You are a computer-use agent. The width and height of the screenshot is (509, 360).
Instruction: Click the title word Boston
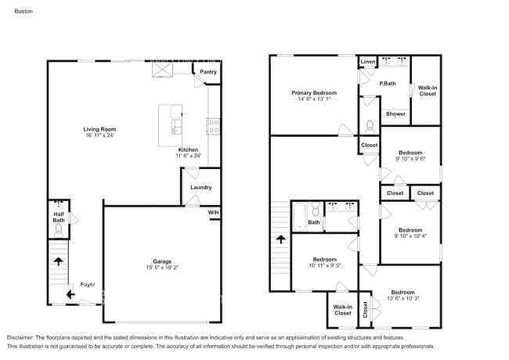tap(24, 13)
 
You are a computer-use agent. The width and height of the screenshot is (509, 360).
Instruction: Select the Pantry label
tap(208, 72)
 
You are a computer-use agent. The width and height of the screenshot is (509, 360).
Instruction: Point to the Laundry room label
tap(200, 187)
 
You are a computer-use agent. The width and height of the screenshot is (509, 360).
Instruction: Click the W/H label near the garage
tap(213, 213)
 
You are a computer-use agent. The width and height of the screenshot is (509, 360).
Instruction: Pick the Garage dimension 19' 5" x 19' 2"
tap(162, 268)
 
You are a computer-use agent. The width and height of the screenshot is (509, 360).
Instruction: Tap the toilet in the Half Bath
tap(57, 232)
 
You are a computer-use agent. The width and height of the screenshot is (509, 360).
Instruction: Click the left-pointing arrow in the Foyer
tap(70, 294)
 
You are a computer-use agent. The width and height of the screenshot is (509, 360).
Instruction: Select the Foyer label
tap(88, 284)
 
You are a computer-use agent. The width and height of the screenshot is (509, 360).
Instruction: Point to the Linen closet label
tap(367, 62)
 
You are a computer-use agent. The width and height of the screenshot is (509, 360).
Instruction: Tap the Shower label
tap(395, 113)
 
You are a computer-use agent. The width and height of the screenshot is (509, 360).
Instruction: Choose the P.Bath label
tap(387, 84)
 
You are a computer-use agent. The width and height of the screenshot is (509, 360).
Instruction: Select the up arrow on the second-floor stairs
tap(280, 240)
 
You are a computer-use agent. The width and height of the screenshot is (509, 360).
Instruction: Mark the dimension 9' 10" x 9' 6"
tap(410, 159)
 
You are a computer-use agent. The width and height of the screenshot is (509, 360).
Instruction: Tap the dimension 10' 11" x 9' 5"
tap(324, 265)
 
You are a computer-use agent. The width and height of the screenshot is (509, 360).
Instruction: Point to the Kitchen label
tap(188, 149)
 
